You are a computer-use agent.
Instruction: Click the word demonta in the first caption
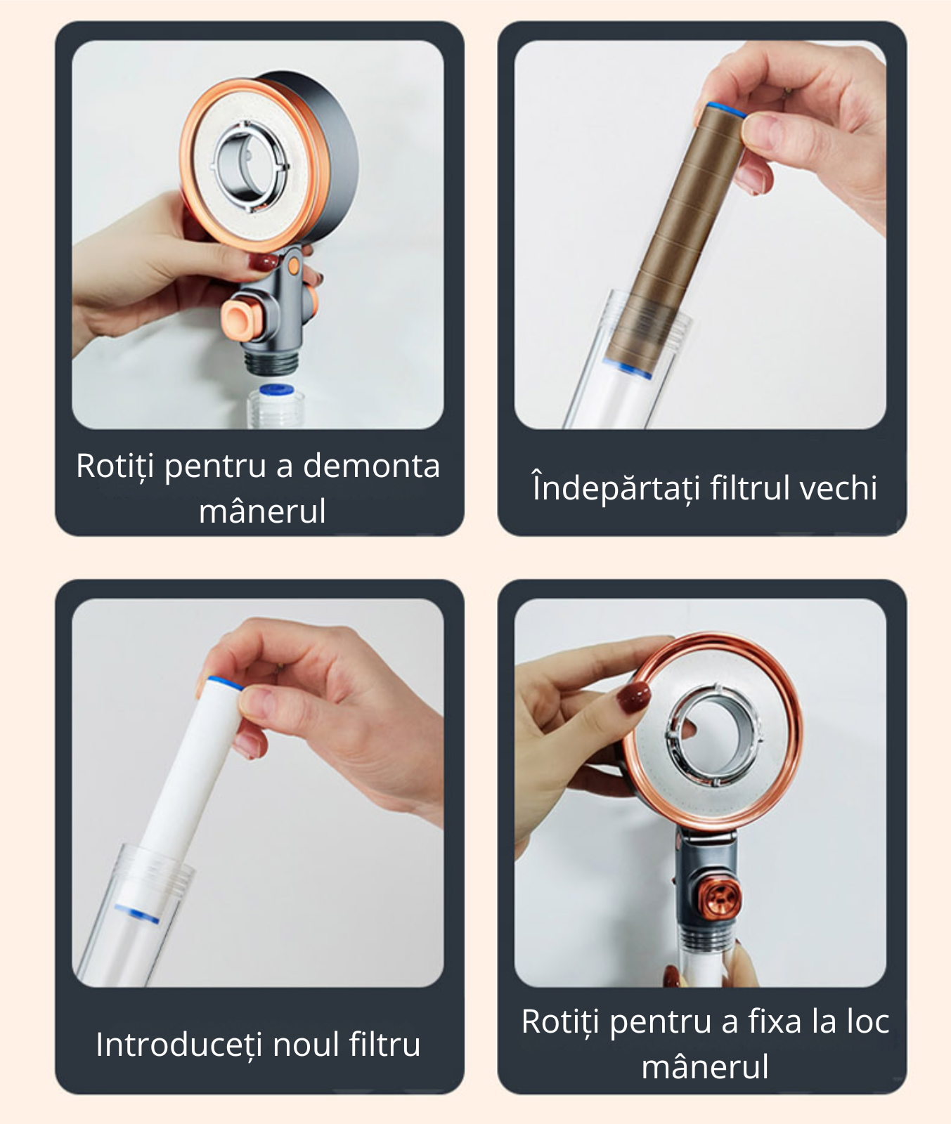371,466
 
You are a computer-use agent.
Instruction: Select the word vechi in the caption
839,488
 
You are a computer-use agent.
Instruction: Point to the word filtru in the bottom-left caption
385,1044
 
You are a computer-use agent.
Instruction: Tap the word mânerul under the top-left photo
262,511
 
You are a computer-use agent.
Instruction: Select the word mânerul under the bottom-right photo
705,1066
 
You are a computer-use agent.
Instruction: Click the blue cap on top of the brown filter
726,110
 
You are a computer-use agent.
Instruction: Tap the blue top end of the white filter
226,683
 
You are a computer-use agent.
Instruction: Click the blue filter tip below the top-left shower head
276,389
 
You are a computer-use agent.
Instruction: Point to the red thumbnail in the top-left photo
265,263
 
